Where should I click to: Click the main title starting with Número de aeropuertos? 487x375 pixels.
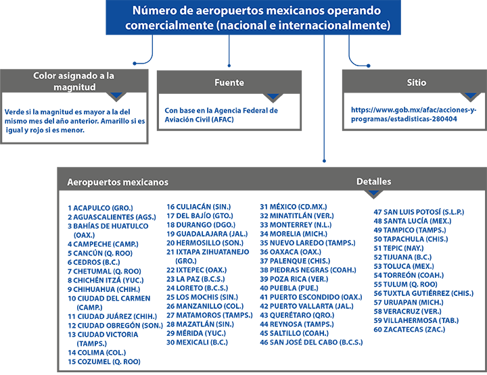[x=257, y=18]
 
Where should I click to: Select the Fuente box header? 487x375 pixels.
[x=229, y=82]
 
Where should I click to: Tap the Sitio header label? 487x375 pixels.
[x=416, y=82]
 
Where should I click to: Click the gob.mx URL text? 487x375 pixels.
[x=413, y=114]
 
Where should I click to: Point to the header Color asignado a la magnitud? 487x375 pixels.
[x=74, y=81]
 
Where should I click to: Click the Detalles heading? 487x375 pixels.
[x=373, y=182]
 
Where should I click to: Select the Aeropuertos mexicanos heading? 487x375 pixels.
[x=118, y=182]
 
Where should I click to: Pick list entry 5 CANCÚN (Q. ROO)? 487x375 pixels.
[x=100, y=253]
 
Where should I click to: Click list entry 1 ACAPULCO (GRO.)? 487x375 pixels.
[x=100, y=208]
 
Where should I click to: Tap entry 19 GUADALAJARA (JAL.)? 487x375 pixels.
[x=207, y=234]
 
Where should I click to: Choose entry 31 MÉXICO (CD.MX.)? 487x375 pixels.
[x=294, y=207]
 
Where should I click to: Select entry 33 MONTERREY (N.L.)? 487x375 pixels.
[x=296, y=225]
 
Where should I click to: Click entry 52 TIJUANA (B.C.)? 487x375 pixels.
[x=402, y=257]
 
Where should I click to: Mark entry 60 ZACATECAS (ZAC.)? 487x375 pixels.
[x=409, y=330]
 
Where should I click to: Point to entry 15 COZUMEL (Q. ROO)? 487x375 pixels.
[x=104, y=361]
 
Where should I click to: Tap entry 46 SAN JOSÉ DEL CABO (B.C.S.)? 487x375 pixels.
[x=311, y=343]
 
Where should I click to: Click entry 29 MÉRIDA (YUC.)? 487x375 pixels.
[x=196, y=333]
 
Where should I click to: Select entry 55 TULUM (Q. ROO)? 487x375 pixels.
[x=405, y=284]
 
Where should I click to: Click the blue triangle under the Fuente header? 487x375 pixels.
[x=273, y=97]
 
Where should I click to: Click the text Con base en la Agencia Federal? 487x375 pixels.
[x=221, y=110]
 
